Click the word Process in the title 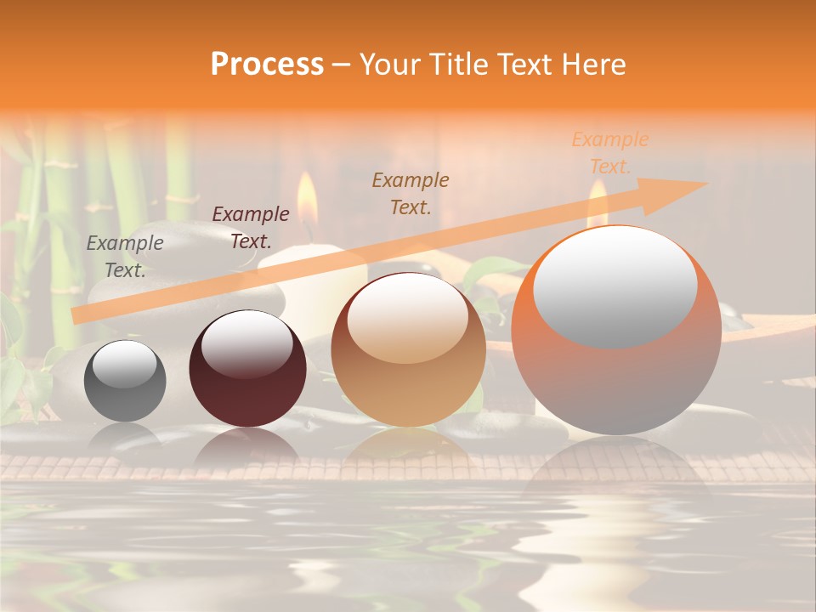(267, 65)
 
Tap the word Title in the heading (456, 65)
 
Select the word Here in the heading (594, 65)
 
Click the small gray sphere (125, 381)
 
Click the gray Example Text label (125, 256)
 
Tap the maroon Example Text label (250, 227)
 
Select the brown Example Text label (411, 193)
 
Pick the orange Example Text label (609, 152)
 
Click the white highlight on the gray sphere (124, 363)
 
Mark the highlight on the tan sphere (407, 318)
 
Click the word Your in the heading (387, 65)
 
